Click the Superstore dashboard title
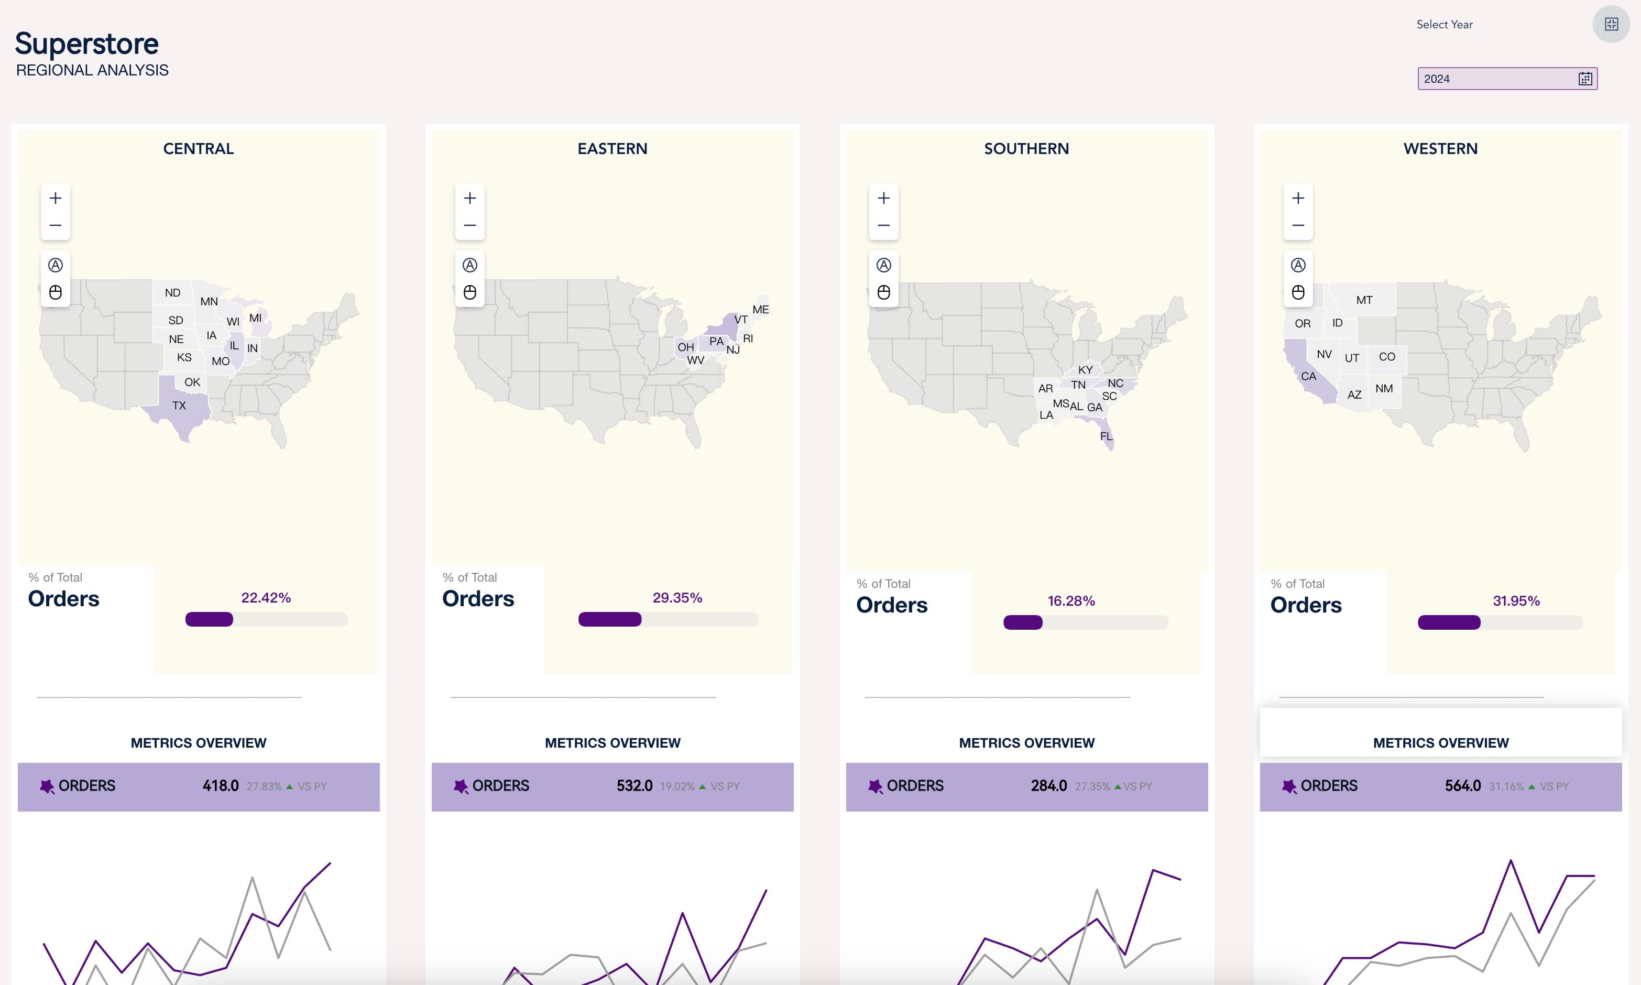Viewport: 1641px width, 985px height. coord(86,44)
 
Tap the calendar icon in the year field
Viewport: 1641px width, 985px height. coord(1585,78)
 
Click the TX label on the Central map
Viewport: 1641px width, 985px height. coord(179,406)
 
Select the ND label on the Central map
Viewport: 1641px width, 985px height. coord(172,293)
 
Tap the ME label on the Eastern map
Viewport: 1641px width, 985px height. coord(760,309)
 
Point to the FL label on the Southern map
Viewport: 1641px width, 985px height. coord(1106,436)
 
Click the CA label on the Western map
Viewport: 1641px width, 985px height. coord(1308,376)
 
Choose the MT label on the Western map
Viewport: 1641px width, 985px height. coord(1364,300)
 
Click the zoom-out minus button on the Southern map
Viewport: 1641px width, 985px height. coord(884,225)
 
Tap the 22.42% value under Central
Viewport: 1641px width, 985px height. coord(266,597)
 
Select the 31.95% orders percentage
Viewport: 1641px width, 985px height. coord(1516,600)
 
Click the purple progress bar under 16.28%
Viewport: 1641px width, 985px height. coord(1023,622)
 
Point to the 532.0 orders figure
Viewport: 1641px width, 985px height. coord(634,786)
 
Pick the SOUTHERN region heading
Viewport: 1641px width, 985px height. coord(1026,149)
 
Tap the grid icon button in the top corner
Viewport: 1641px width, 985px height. coord(1611,25)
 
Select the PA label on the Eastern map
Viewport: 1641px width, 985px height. coord(716,341)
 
